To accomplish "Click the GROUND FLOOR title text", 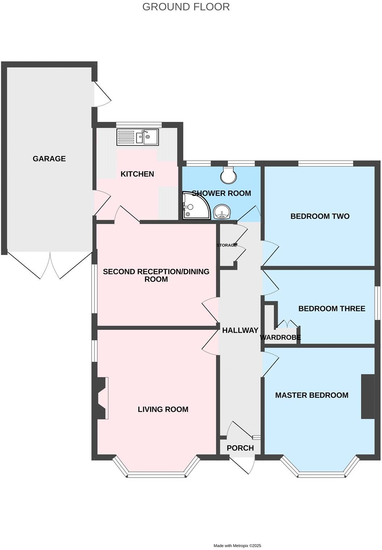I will click(x=186, y=7).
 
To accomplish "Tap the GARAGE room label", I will click(x=49, y=158).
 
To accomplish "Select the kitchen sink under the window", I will click(x=137, y=137).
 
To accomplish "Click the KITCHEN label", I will click(x=137, y=174).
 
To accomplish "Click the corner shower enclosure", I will click(x=195, y=206).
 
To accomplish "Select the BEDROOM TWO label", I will click(x=320, y=216).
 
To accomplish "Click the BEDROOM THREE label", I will click(x=331, y=309).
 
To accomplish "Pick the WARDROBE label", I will click(x=280, y=338).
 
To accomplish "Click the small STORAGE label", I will click(x=226, y=245).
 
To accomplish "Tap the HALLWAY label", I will click(x=240, y=330).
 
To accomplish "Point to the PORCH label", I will click(x=240, y=448).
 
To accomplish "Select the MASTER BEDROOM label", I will click(x=311, y=395).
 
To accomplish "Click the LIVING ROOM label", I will click(x=163, y=409).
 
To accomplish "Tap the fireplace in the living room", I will click(x=101, y=398).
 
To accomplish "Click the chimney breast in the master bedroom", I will click(x=367, y=396).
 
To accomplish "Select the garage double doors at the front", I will click(x=50, y=266).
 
